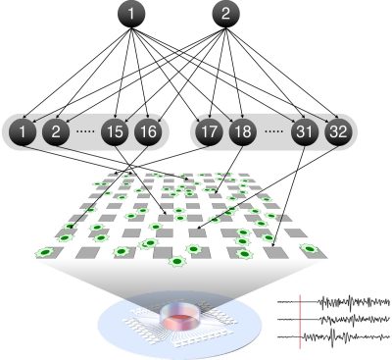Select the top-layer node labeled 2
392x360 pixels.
tap(224, 14)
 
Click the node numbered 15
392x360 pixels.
tap(116, 130)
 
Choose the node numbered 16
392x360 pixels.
tap(148, 130)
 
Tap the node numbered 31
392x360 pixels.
tap(305, 130)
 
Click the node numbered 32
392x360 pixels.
tap(337, 130)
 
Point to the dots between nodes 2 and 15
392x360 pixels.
tap(85, 131)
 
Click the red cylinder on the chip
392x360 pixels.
tap(179, 316)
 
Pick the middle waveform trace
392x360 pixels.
tap(333, 319)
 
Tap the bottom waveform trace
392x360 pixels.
tap(333, 335)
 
